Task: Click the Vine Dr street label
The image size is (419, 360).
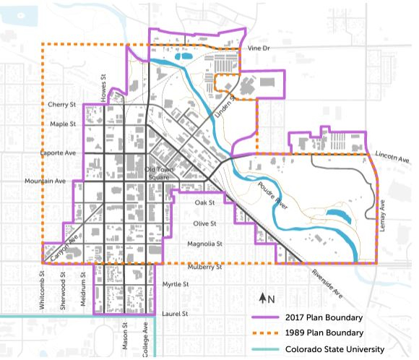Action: point(258,49)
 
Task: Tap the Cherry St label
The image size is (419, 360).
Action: point(62,105)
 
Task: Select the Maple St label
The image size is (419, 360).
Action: point(63,124)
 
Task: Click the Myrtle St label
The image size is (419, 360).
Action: point(176,286)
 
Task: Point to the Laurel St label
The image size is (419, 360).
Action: point(176,314)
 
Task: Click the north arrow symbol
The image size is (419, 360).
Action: point(264,299)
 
